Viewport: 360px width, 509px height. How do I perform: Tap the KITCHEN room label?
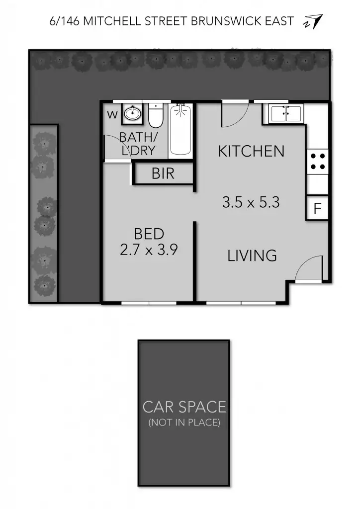click(251, 151)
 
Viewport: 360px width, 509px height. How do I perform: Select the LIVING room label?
click(252, 255)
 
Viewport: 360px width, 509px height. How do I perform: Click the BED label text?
click(149, 234)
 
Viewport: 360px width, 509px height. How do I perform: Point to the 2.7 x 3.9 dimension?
click(149, 250)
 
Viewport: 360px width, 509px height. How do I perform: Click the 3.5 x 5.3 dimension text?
click(251, 202)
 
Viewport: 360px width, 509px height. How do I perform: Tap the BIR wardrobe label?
click(163, 174)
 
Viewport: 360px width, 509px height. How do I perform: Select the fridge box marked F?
click(318, 209)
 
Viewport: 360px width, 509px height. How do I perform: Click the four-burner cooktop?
click(318, 161)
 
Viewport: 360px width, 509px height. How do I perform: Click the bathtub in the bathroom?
click(180, 130)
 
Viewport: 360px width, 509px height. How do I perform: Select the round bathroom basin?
click(132, 114)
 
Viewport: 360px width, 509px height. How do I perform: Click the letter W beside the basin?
click(113, 115)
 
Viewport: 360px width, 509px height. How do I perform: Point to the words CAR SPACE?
click(184, 407)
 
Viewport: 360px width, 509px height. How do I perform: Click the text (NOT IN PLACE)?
click(184, 423)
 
